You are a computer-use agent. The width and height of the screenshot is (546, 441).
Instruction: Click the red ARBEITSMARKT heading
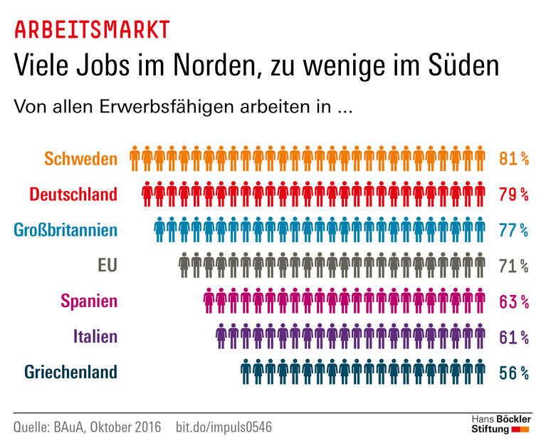click(92, 29)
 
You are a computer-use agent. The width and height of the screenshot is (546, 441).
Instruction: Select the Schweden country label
click(80, 158)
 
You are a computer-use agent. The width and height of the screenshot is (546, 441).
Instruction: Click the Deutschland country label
click(73, 194)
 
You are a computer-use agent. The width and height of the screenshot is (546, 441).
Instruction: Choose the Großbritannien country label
click(65, 229)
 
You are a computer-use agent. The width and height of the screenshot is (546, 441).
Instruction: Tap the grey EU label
click(107, 265)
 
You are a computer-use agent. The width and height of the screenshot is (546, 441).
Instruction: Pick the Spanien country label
click(89, 301)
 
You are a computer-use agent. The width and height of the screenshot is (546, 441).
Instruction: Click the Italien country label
click(95, 336)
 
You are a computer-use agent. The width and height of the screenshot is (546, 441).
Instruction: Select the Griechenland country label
click(70, 372)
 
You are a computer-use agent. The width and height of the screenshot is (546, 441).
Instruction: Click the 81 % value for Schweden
click(513, 158)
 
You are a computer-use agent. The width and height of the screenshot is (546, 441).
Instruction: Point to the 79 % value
click(513, 194)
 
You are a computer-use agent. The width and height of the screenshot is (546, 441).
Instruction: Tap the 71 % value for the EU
click(513, 266)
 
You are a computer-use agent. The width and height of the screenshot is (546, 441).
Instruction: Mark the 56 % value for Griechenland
click(513, 373)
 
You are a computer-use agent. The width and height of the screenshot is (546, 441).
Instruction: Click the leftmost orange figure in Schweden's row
click(134, 157)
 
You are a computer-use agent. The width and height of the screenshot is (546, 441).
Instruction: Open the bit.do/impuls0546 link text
click(224, 427)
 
